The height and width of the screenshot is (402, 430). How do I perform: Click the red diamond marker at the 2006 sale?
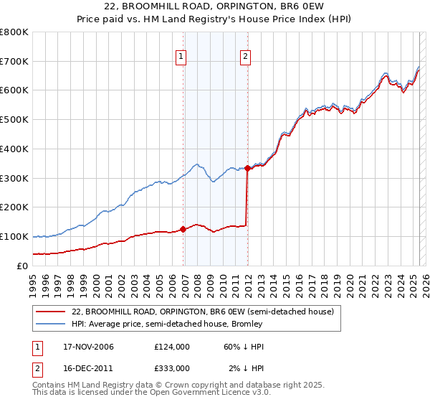click(x=183, y=229)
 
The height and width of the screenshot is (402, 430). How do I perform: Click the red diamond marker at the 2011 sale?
click(x=247, y=168)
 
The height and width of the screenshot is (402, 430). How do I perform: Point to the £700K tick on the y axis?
click(x=14, y=61)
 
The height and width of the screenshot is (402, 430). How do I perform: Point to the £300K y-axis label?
click(x=14, y=178)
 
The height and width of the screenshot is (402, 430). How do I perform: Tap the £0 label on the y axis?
click(x=21, y=266)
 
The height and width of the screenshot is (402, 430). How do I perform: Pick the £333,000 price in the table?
click(x=172, y=368)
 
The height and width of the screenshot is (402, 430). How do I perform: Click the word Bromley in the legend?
click(x=250, y=325)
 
